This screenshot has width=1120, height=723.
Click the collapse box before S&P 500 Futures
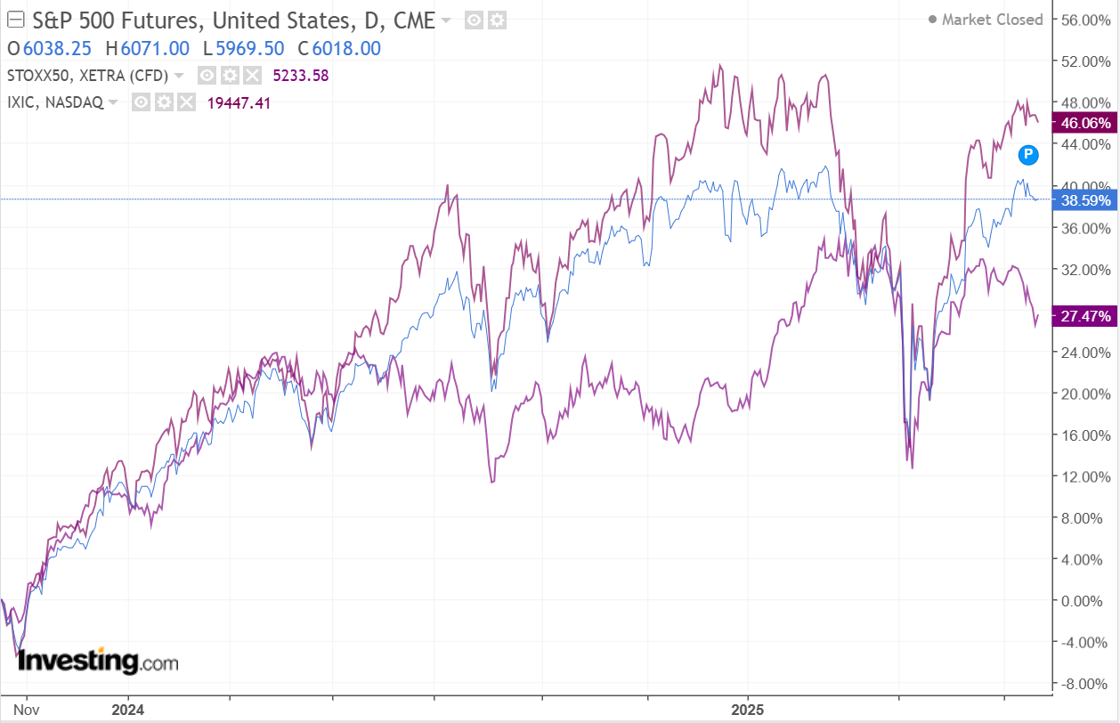[x=15, y=20]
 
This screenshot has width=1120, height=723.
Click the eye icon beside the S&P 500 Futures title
[x=475, y=20]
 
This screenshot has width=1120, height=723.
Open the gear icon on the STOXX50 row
[x=230, y=76]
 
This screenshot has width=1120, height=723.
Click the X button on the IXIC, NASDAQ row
[x=185, y=102]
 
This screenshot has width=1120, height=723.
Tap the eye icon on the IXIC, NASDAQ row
[x=141, y=102]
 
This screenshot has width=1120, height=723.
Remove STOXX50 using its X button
[x=252, y=76]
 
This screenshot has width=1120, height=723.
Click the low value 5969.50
[x=247, y=48]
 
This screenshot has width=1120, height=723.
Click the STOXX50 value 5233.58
[x=301, y=76]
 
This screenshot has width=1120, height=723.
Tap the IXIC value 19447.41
[x=239, y=102]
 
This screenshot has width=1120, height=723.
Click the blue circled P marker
[x=1028, y=155]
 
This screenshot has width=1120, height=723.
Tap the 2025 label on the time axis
[x=747, y=710]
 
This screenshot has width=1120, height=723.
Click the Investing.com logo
[x=98, y=662]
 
